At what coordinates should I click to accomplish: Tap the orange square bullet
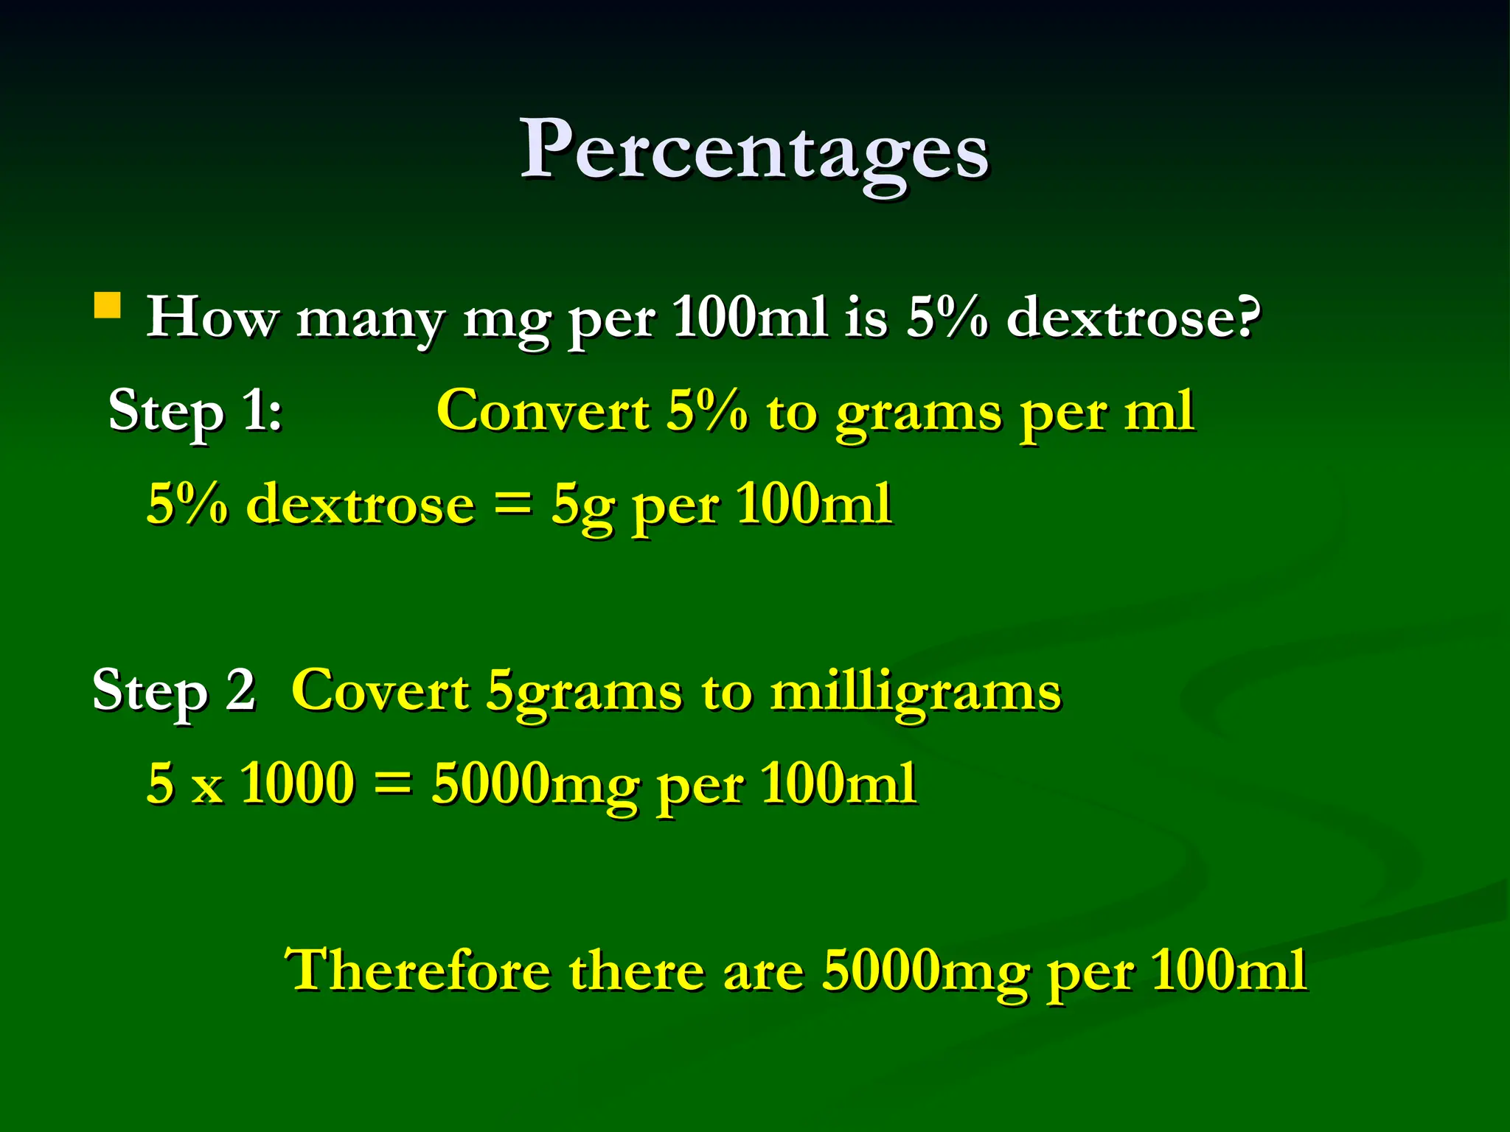point(108,305)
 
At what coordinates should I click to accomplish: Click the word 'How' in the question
point(212,318)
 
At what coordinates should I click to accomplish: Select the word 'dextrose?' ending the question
point(1134,318)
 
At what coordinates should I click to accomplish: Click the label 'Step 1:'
point(195,411)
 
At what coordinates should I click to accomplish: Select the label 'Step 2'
point(174,691)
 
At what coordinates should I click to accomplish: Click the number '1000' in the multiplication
point(298,783)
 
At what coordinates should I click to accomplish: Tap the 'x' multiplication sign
point(207,787)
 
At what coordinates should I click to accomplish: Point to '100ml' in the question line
point(749,318)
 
